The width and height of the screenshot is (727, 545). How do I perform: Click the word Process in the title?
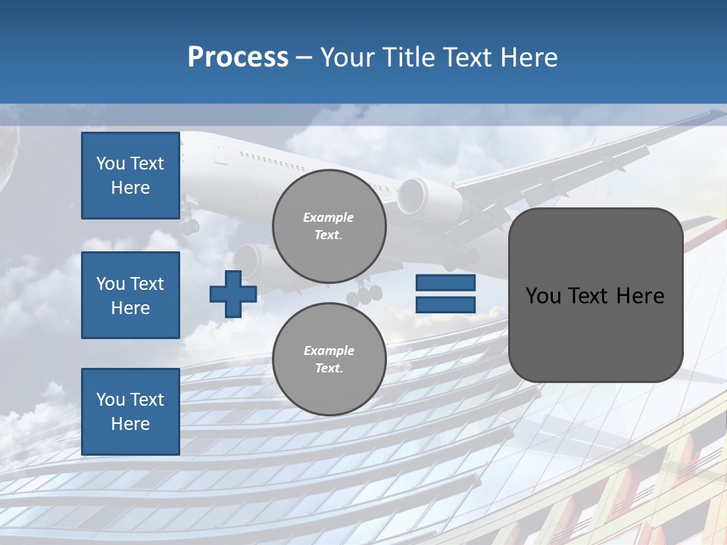[x=238, y=57]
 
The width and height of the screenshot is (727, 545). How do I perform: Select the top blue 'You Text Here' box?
[x=130, y=176]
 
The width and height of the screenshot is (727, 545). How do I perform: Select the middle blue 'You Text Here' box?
[x=130, y=295]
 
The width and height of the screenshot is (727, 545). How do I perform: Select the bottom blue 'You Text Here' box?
[x=130, y=411]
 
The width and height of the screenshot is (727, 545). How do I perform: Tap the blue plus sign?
[x=233, y=294]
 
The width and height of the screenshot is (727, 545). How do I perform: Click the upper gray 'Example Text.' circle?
[x=329, y=226]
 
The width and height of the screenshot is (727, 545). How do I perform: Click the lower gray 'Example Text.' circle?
[x=329, y=359]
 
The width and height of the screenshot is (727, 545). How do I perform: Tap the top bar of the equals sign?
[x=445, y=282]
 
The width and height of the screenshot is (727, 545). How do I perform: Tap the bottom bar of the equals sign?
[x=445, y=304]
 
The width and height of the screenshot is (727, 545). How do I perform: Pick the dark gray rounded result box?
[x=595, y=333]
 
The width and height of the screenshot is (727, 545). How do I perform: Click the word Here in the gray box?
[x=641, y=295]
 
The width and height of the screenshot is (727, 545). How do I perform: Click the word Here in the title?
[x=529, y=57]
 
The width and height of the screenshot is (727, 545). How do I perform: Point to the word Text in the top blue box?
[x=148, y=163]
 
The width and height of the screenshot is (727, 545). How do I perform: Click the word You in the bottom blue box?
[x=110, y=400]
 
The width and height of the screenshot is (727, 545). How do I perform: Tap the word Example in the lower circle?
[x=329, y=350]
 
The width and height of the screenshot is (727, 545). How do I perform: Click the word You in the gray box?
[x=543, y=295]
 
